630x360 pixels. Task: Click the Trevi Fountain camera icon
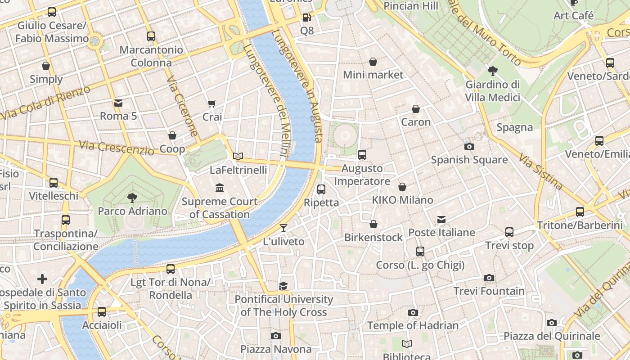[x=489, y=278]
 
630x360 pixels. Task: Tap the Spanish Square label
[x=469, y=160]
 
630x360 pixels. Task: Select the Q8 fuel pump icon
[x=306, y=18]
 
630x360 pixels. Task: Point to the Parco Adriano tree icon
[x=132, y=198]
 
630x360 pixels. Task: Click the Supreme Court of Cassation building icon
[x=220, y=188]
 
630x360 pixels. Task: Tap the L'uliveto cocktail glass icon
[x=283, y=228]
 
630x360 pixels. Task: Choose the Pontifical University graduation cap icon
[x=283, y=286]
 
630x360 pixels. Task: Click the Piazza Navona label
[x=275, y=349]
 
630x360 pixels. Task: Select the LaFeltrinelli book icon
[x=238, y=156]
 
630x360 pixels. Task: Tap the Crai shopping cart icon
[x=212, y=104]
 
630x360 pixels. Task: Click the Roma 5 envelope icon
[x=118, y=103]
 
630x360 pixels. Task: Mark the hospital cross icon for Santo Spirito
[x=42, y=279]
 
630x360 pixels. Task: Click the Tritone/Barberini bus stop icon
[x=580, y=211]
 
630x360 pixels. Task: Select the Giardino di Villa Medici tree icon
[x=492, y=71]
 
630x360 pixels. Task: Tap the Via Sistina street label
[x=540, y=171]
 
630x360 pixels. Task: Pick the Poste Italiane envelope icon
[x=441, y=220]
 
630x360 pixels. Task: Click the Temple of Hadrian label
[x=413, y=325]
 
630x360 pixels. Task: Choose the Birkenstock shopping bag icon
[x=373, y=224]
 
